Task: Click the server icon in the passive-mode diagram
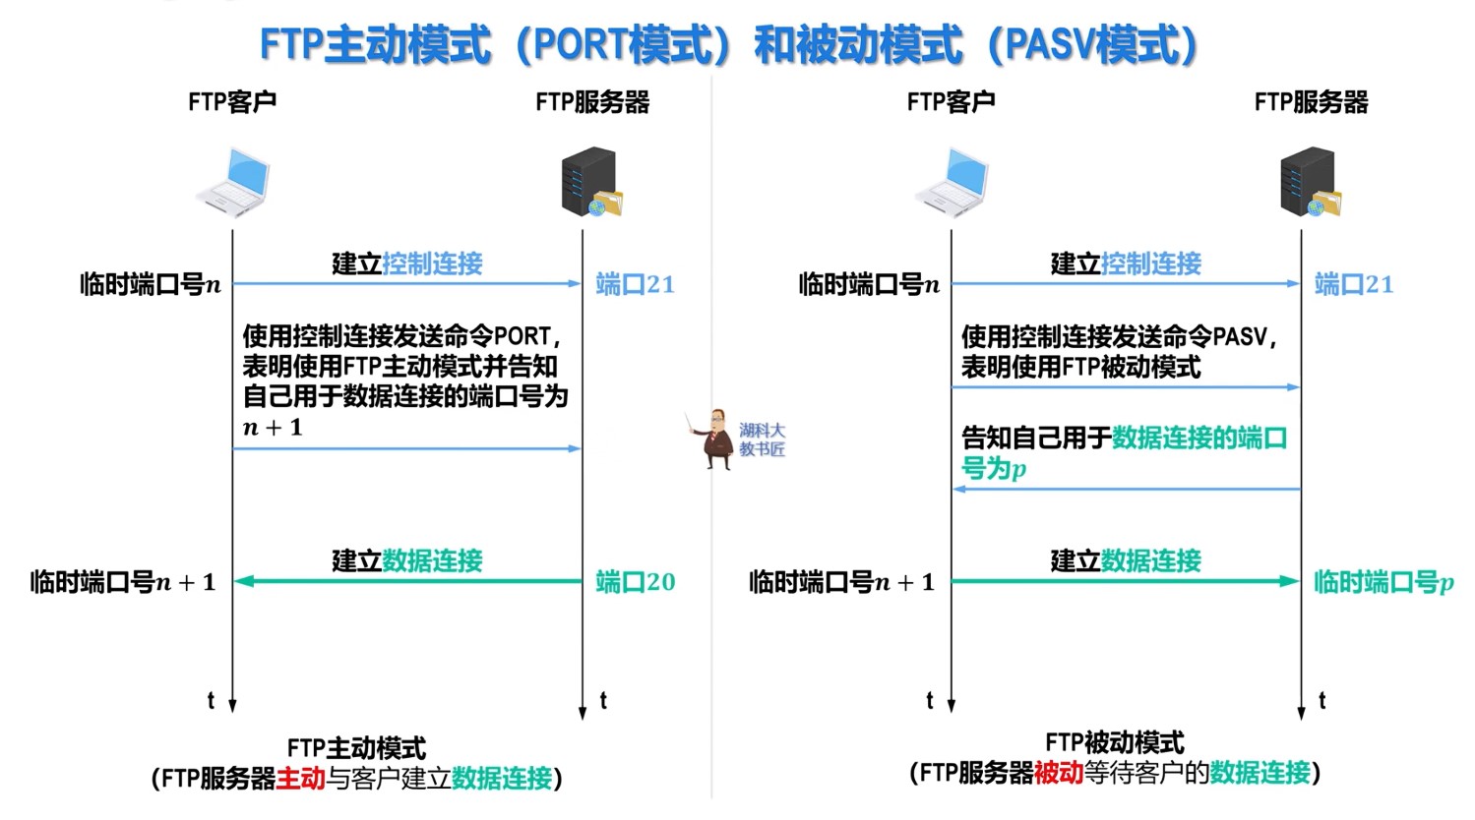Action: [x=1310, y=183]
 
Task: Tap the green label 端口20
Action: [x=636, y=582]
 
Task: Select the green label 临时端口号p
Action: [x=1383, y=582]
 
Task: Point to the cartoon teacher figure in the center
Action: [x=714, y=439]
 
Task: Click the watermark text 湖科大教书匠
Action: [x=763, y=439]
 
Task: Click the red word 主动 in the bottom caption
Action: [x=301, y=779]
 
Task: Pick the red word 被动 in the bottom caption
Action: [x=1059, y=773]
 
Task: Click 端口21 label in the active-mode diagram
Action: [x=636, y=284]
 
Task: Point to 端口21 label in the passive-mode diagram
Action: [x=1354, y=284]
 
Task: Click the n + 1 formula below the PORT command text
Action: [x=273, y=428]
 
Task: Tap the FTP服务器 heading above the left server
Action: [x=592, y=102]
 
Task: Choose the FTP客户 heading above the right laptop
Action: [x=951, y=102]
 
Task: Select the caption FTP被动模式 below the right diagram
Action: [x=1115, y=742]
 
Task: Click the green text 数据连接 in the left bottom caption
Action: [x=502, y=779]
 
